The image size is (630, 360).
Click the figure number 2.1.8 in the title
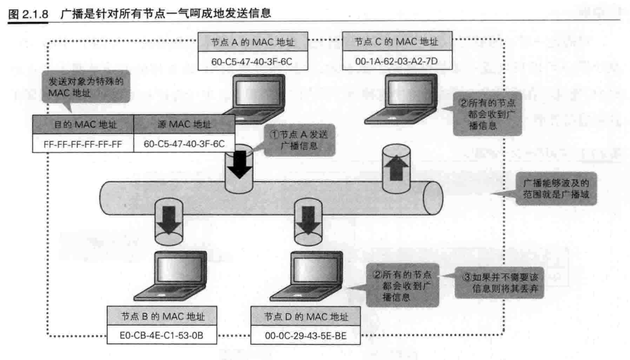[x=35, y=14]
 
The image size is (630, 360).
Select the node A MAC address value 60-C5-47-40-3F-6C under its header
[x=252, y=62]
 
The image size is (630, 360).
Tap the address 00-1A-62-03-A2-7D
[x=396, y=61]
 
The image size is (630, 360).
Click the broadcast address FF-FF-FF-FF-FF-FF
[x=83, y=144]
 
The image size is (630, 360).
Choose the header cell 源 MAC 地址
[x=184, y=124]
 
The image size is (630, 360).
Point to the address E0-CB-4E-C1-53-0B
[x=161, y=335]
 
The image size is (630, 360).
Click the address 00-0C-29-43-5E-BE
[x=305, y=336]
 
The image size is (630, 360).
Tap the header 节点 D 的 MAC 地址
[x=306, y=317]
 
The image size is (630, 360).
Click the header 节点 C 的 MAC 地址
[x=396, y=42]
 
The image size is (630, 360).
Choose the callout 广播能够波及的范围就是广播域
[x=556, y=189]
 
